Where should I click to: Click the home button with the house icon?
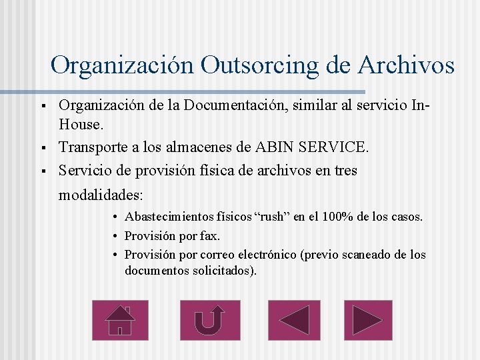pyautogui.click(x=120, y=320)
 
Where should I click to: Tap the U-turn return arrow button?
pyautogui.click(x=209, y=320)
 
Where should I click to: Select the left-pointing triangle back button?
pyautogui.click(x=294, y=320)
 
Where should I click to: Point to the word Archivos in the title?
pyautogui.click(x=406, y=65)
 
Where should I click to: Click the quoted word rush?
pyautogui.click(x=273, y=217)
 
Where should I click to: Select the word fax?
pyautogui.click(x=209, y=236)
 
